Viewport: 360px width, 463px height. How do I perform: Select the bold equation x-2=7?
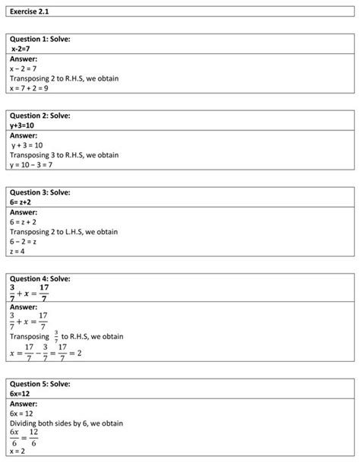pos(26,49)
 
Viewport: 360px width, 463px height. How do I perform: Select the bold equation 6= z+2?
pos(27,201)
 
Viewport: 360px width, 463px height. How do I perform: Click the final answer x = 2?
pos(19,452)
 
